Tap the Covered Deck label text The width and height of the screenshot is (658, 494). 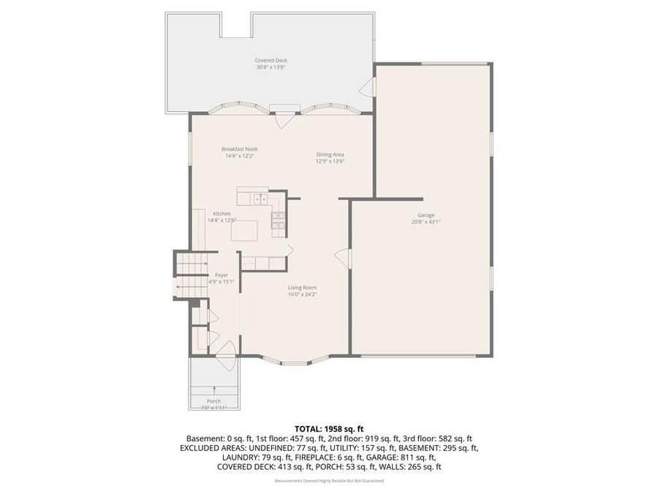270,61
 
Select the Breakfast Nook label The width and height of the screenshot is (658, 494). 240,149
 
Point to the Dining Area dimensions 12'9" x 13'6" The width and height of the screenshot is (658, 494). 330,161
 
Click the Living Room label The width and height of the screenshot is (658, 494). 301,288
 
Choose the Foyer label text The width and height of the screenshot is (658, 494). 221,274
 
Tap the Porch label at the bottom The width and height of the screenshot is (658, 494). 213,401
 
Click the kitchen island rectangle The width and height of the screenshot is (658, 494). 245,231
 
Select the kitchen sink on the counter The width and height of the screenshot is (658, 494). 260,198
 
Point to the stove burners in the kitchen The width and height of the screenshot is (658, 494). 278,220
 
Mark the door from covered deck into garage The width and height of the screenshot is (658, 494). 368,89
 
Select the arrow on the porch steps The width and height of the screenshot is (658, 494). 213,389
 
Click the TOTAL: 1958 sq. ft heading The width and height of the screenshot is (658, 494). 329,428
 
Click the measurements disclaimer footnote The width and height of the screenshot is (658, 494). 329,481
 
